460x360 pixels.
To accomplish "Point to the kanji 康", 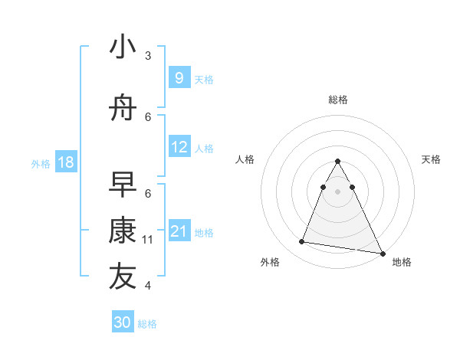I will [x=123, y=231].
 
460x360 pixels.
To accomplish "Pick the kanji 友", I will [x=123, y=277].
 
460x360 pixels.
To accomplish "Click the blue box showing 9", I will [x=179, y=78].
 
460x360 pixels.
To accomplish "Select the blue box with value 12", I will [x=179, y=147].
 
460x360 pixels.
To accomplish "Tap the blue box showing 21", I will [x=179, y=231].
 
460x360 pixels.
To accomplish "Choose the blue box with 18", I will [x=65, y=162].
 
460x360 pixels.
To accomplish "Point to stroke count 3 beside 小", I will [x=148, y=56].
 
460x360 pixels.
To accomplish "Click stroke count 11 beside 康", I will [x=148, y=240].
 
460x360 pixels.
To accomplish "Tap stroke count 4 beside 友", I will [x=148, y=286].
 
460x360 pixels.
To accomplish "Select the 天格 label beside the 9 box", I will [x=204, y=79].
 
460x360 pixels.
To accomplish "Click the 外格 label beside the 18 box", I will [x=41, y=163].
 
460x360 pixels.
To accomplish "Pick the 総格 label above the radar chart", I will [x=337, y=100].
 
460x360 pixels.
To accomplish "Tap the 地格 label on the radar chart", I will [x=402, y=262].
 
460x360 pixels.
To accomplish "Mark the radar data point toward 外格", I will [x=302, y=242].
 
